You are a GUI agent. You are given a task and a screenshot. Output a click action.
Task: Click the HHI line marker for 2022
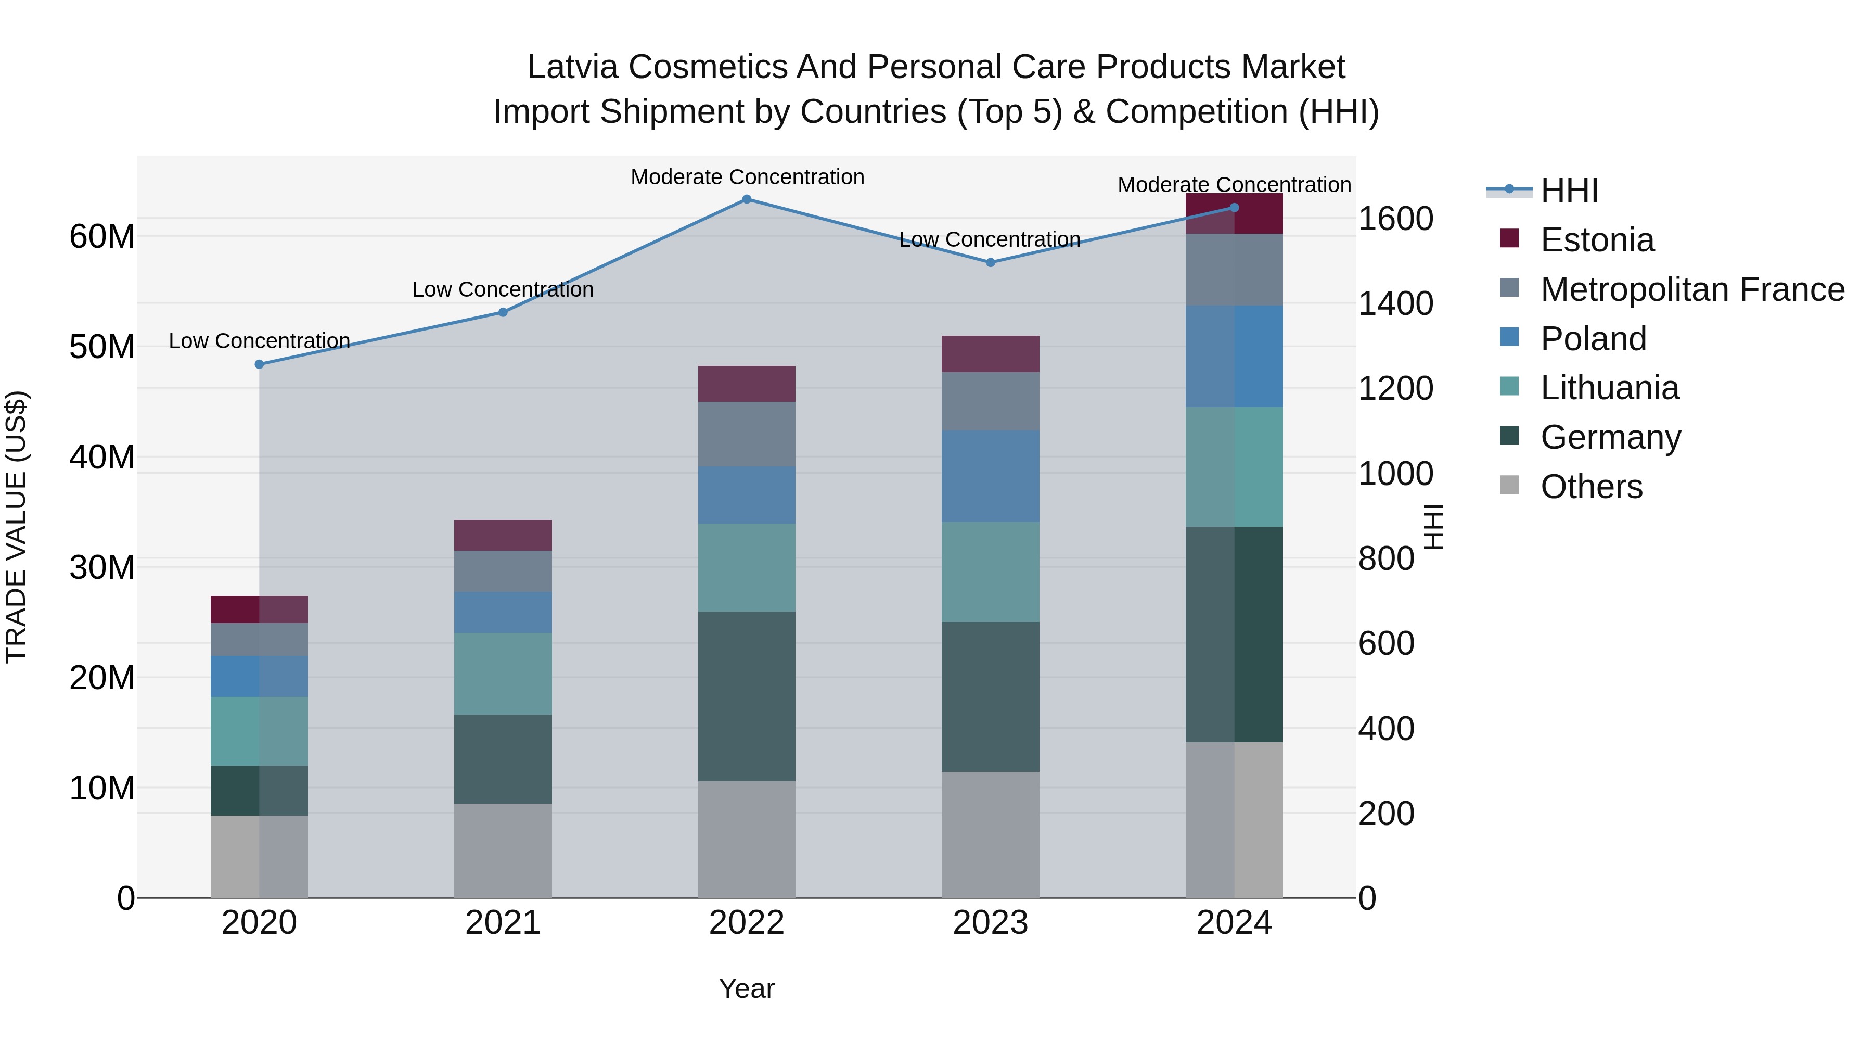(747, 199)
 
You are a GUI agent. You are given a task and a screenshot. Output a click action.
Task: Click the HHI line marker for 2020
(260, 364)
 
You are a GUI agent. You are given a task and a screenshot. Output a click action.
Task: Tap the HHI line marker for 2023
(990, 263)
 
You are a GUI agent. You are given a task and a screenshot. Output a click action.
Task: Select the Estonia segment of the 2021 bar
(503, 536)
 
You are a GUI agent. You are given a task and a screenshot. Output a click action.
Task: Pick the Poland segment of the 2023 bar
(990, 476)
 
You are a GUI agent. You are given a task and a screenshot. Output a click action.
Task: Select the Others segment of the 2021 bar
(503, 850)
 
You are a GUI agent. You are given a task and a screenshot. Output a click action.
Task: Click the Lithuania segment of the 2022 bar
(747, 567)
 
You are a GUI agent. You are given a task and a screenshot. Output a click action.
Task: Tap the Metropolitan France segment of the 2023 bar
(990, 401)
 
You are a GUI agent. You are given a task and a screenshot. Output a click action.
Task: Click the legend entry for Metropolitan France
(1692, 289)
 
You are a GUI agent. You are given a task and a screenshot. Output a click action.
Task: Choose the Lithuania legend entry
(1609, 388)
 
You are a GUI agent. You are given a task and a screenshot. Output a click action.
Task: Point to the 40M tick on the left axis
(102, 458)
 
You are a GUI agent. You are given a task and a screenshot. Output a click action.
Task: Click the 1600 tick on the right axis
(1395, 219)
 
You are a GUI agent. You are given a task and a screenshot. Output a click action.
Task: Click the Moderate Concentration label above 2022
(747, 177)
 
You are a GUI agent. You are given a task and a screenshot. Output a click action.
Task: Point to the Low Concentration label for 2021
(503, 289)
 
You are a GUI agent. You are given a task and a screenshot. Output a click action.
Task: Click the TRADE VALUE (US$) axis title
(16, 527)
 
